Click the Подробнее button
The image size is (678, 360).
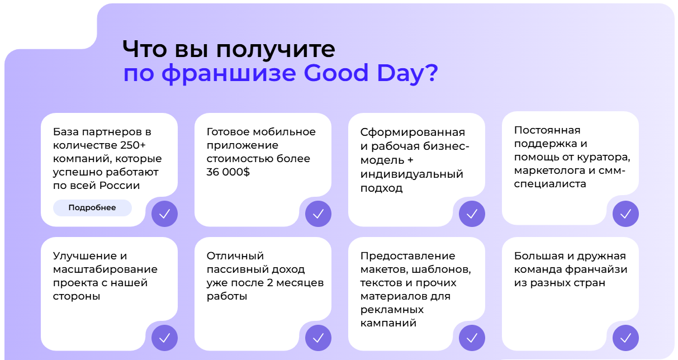[x=92, y=208]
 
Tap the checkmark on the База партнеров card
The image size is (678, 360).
[x=164, y=214]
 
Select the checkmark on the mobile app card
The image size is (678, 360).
[x=318, y=214]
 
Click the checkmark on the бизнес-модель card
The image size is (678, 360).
[x=472, y=214]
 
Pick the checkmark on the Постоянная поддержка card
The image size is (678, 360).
[x=625, y=214]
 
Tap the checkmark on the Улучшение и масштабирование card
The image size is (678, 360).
[x=164, y=338]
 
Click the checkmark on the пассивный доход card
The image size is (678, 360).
[x=318, y=338]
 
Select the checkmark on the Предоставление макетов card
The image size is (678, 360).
[x=472, y=338]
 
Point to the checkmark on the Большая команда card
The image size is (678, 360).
[x=625, y=338]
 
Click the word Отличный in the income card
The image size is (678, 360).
[x=235, y=256]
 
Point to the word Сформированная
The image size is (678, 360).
[x=413, y=132]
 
